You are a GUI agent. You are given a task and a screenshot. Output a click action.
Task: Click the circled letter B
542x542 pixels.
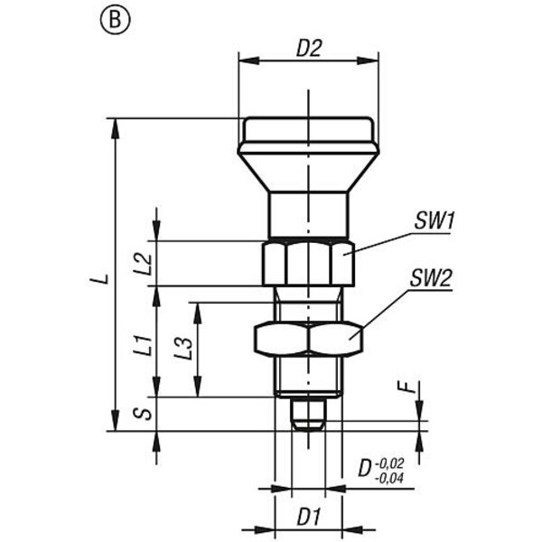tap(115, 21)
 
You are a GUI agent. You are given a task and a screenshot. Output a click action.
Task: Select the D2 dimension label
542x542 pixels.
tap(309, 49)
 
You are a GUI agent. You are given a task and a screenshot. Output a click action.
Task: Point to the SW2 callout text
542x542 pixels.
tap(431, 278)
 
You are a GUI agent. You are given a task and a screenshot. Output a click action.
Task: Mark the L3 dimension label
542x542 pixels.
tap(183, 348)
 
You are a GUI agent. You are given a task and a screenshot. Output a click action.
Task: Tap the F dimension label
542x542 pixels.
tap(410, 388)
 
